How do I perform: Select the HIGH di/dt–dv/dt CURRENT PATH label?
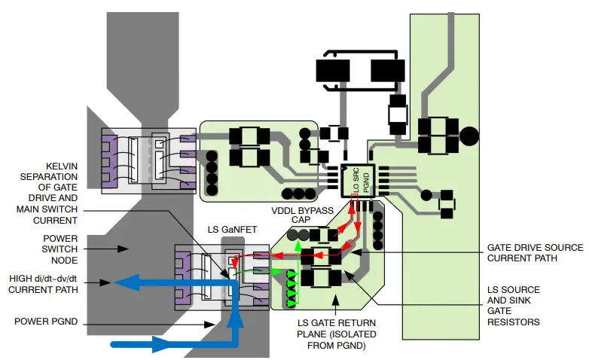(46, 283)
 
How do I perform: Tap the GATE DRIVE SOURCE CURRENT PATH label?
(535, 252)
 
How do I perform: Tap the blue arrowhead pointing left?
(124, 282)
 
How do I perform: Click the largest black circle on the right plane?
(468, 136)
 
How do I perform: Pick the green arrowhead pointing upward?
(298, 245)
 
